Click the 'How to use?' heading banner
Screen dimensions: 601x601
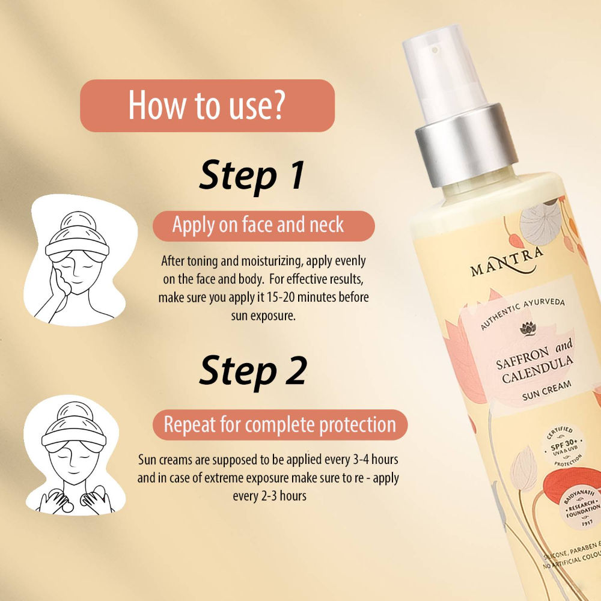click(x=207, y=106)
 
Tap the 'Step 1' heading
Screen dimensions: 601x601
click(x=252, y=175)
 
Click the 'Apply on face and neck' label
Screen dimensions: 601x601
click(x=258, y=225)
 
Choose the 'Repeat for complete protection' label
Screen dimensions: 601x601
click(x=279, y=424)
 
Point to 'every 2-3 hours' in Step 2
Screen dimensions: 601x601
click(x=269, y=496)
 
